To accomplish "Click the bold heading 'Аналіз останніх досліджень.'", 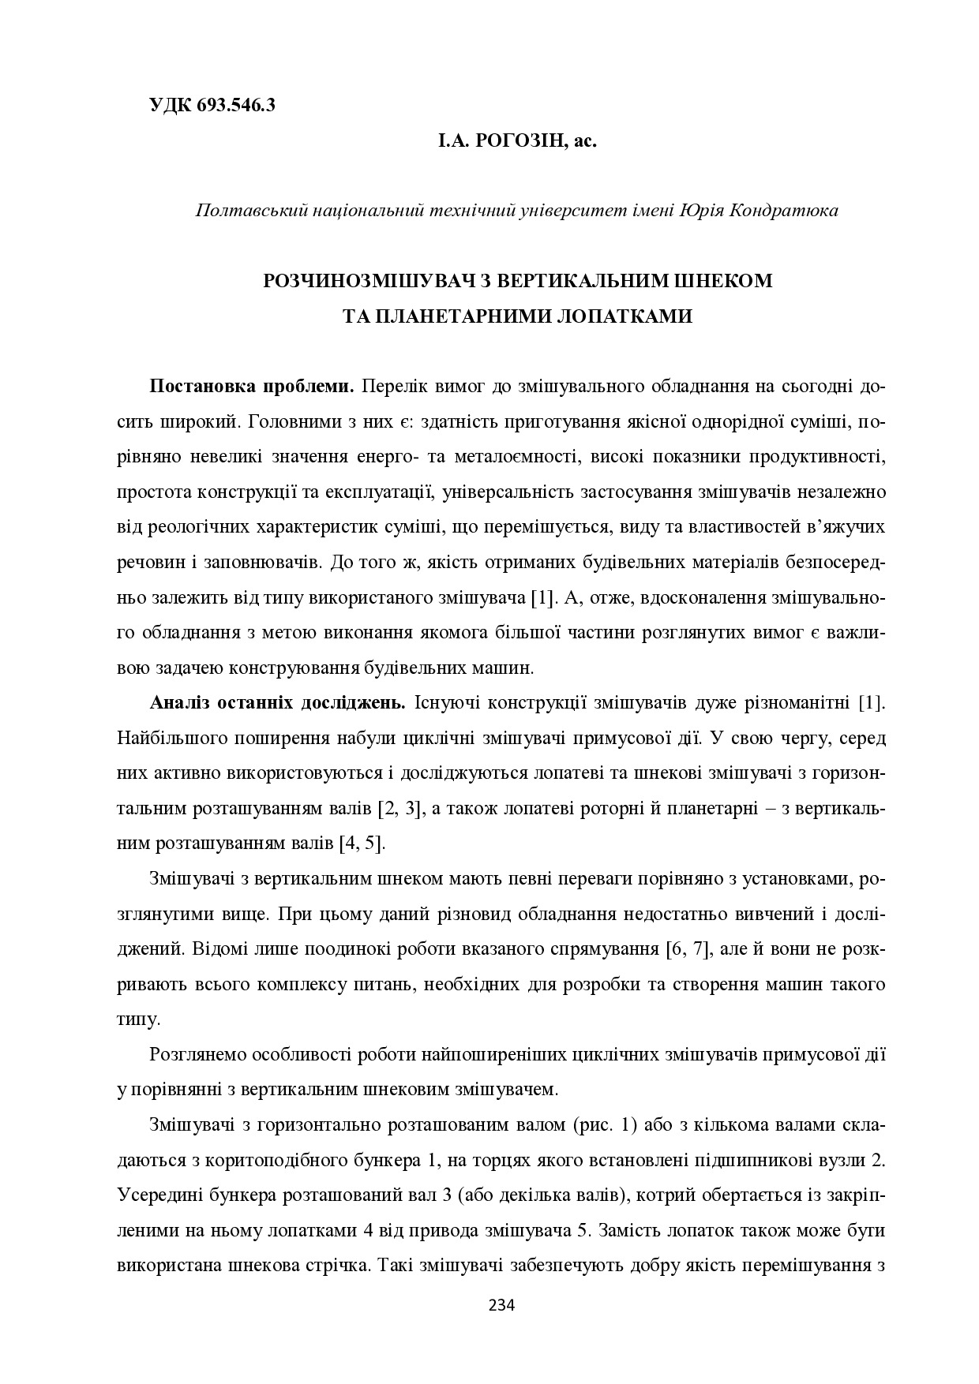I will tap(277, 702).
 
